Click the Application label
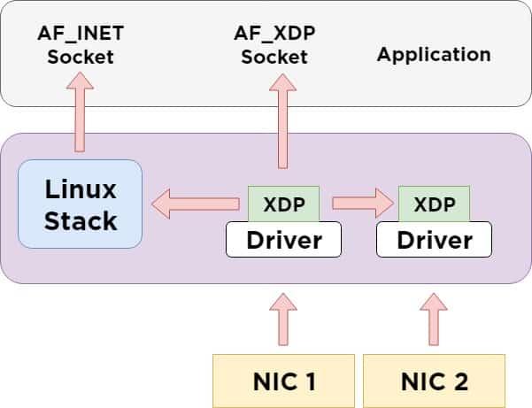[434, 54]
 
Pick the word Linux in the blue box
[81, 189]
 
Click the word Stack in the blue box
[81, 219]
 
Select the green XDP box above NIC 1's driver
[283, 204]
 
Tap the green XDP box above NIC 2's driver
[434, 204]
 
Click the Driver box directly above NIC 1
[283, 240]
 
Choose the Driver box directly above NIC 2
[434, 240]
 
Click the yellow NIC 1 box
[283, 381]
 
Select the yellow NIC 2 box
[434, 381]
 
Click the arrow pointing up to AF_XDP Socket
[283, 119]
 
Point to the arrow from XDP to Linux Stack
[195, 204]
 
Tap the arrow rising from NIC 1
[283, 319]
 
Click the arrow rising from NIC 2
[434, 319]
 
